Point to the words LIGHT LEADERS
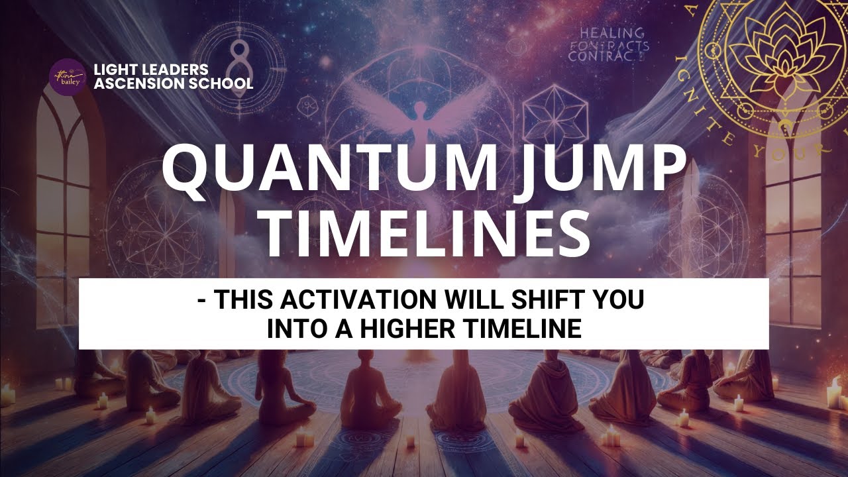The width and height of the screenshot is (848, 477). coord(151,70)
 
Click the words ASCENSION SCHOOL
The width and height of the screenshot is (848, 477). coord(174,84)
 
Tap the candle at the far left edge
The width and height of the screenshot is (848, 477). coord(8,396)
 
